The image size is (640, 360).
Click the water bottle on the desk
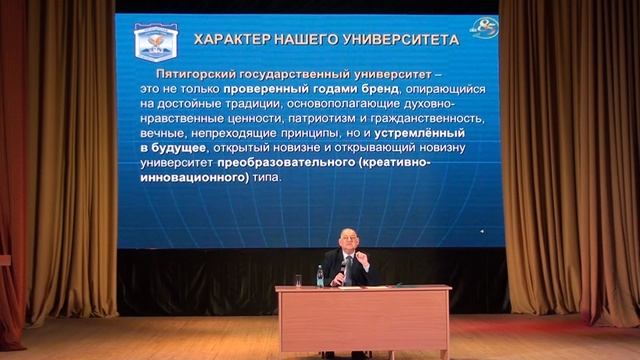coord(320,276)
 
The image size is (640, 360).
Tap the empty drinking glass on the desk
coord(298,280)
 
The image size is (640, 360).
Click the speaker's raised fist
coord(364,258)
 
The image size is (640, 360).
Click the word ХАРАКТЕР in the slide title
coord(227,40)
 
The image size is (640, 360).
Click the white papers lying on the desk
coord(350,286)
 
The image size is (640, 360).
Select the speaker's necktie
coord(347,268)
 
